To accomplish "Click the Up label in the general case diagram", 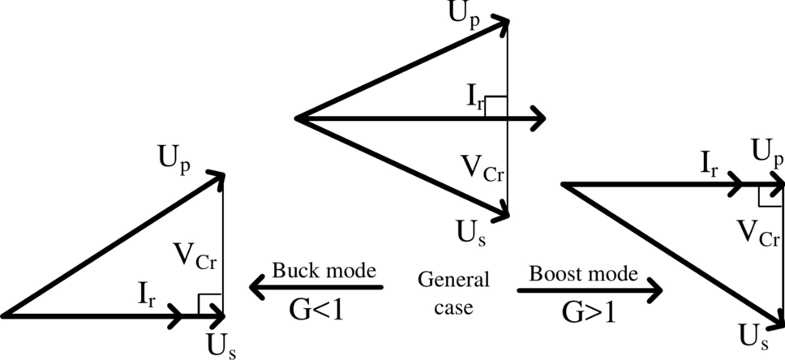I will [465, 14].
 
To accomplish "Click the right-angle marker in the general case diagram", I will [495, 106].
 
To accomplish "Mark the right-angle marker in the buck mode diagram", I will [210, 303].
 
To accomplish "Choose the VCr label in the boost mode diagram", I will [760, 236].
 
